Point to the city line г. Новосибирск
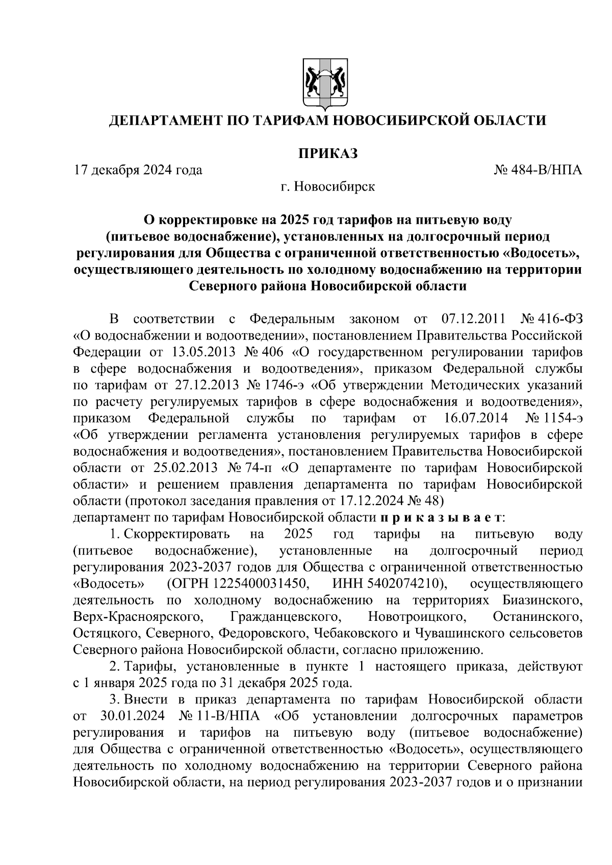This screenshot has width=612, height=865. tap(327, 187)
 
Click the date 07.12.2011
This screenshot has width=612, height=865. tap(472, 319)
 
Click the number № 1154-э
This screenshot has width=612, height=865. tap(553, 418)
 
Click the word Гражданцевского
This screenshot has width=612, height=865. tap(286, 617)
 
